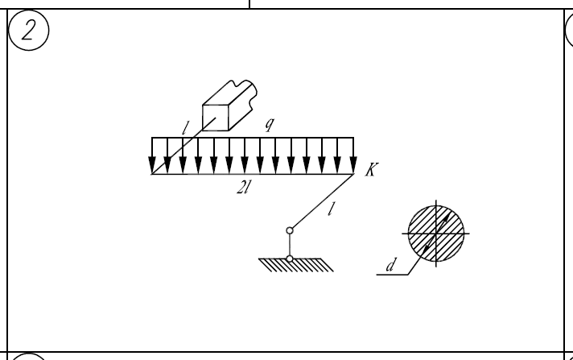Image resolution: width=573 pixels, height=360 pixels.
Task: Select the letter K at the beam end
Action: [x=369, y=173]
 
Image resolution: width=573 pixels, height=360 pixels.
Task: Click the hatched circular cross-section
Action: [x=437, y=231]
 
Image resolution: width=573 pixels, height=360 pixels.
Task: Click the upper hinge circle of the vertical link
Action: [x=290, y=230]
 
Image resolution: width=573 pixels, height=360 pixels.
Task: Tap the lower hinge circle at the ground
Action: [x=290, y=259]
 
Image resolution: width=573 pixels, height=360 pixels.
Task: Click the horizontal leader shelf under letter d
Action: [x=395, y=274]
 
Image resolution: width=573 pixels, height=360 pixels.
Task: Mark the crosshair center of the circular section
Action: [x=437, y=232]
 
